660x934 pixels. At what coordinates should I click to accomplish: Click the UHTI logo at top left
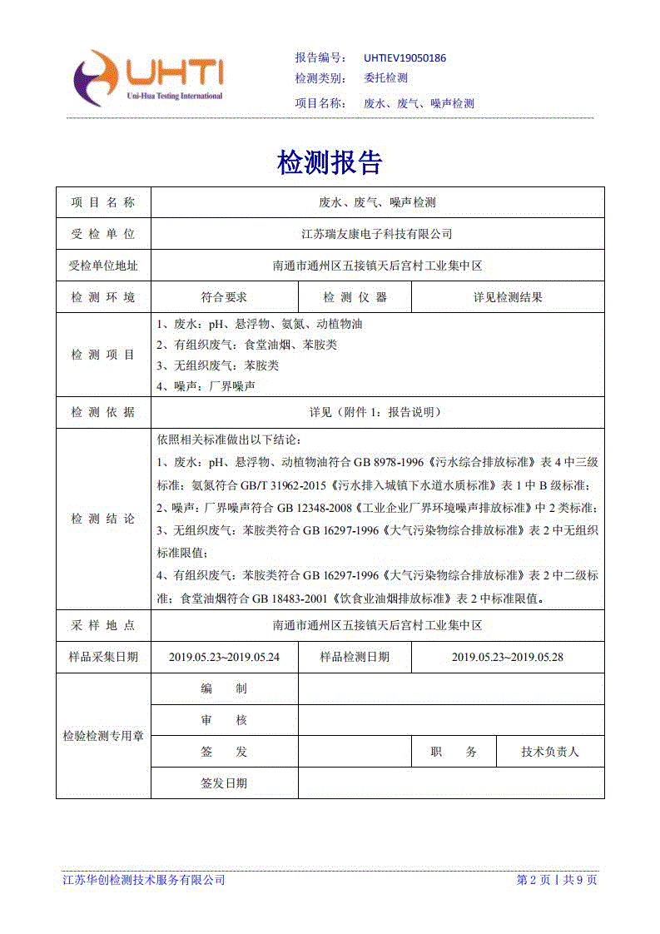click(x=148, y=78)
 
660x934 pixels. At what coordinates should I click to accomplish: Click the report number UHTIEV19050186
click(x=404, y=58)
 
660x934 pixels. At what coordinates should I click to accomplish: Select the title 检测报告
click(x=330, y=163)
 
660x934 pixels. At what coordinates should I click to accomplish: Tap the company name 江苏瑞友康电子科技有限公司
click(x=376, y=234)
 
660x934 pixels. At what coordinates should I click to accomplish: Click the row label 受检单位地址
click(x=103, y=266)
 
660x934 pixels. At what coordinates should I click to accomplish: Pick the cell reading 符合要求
click(x=224, y=297)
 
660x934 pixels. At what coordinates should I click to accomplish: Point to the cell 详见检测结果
click(x=508, y=297)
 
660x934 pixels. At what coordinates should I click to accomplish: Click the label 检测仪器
click(x=355, y=297)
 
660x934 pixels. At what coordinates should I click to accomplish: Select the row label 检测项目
click(x=103, y=355)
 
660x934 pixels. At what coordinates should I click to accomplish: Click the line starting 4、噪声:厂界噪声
click(x=206, y=386)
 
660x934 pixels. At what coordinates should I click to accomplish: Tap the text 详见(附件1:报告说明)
click(x=376, y=412)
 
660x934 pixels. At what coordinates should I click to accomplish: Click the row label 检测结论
click(x=103, y=519)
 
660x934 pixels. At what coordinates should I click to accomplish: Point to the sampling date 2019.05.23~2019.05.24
click(x=224, y=657)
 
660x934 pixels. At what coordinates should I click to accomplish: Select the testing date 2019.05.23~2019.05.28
click(x=508, y=657)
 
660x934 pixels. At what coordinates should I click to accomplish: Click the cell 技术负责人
click(x=550, y=752)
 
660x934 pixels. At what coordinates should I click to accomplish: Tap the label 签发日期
click(x=224, y=783)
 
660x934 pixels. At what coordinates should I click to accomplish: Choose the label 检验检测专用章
click(x=103, y=736)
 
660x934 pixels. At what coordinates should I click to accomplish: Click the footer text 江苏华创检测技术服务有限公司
click(x=144, y=880)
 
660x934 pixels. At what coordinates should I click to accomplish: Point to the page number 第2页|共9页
click(x=556, y=880)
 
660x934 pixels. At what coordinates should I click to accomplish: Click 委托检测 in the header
click(x=386, y=78)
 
